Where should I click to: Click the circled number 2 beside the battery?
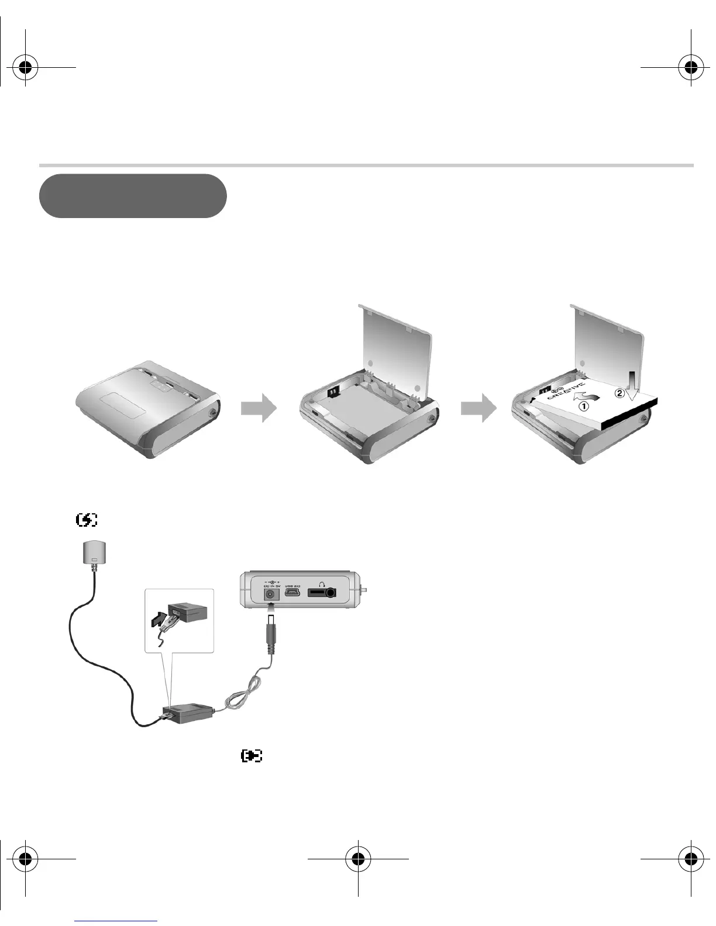pyautogui.click(x=619, y=393)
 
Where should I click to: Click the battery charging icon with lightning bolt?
pyautogui.click(x=87, y=519)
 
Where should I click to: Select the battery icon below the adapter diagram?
pyautogui.click(x=252, y=756)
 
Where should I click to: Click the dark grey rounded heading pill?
pyautogui.click(x=133, y=196)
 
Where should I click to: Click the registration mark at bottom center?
pyautogui.click(x=358, y=859)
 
